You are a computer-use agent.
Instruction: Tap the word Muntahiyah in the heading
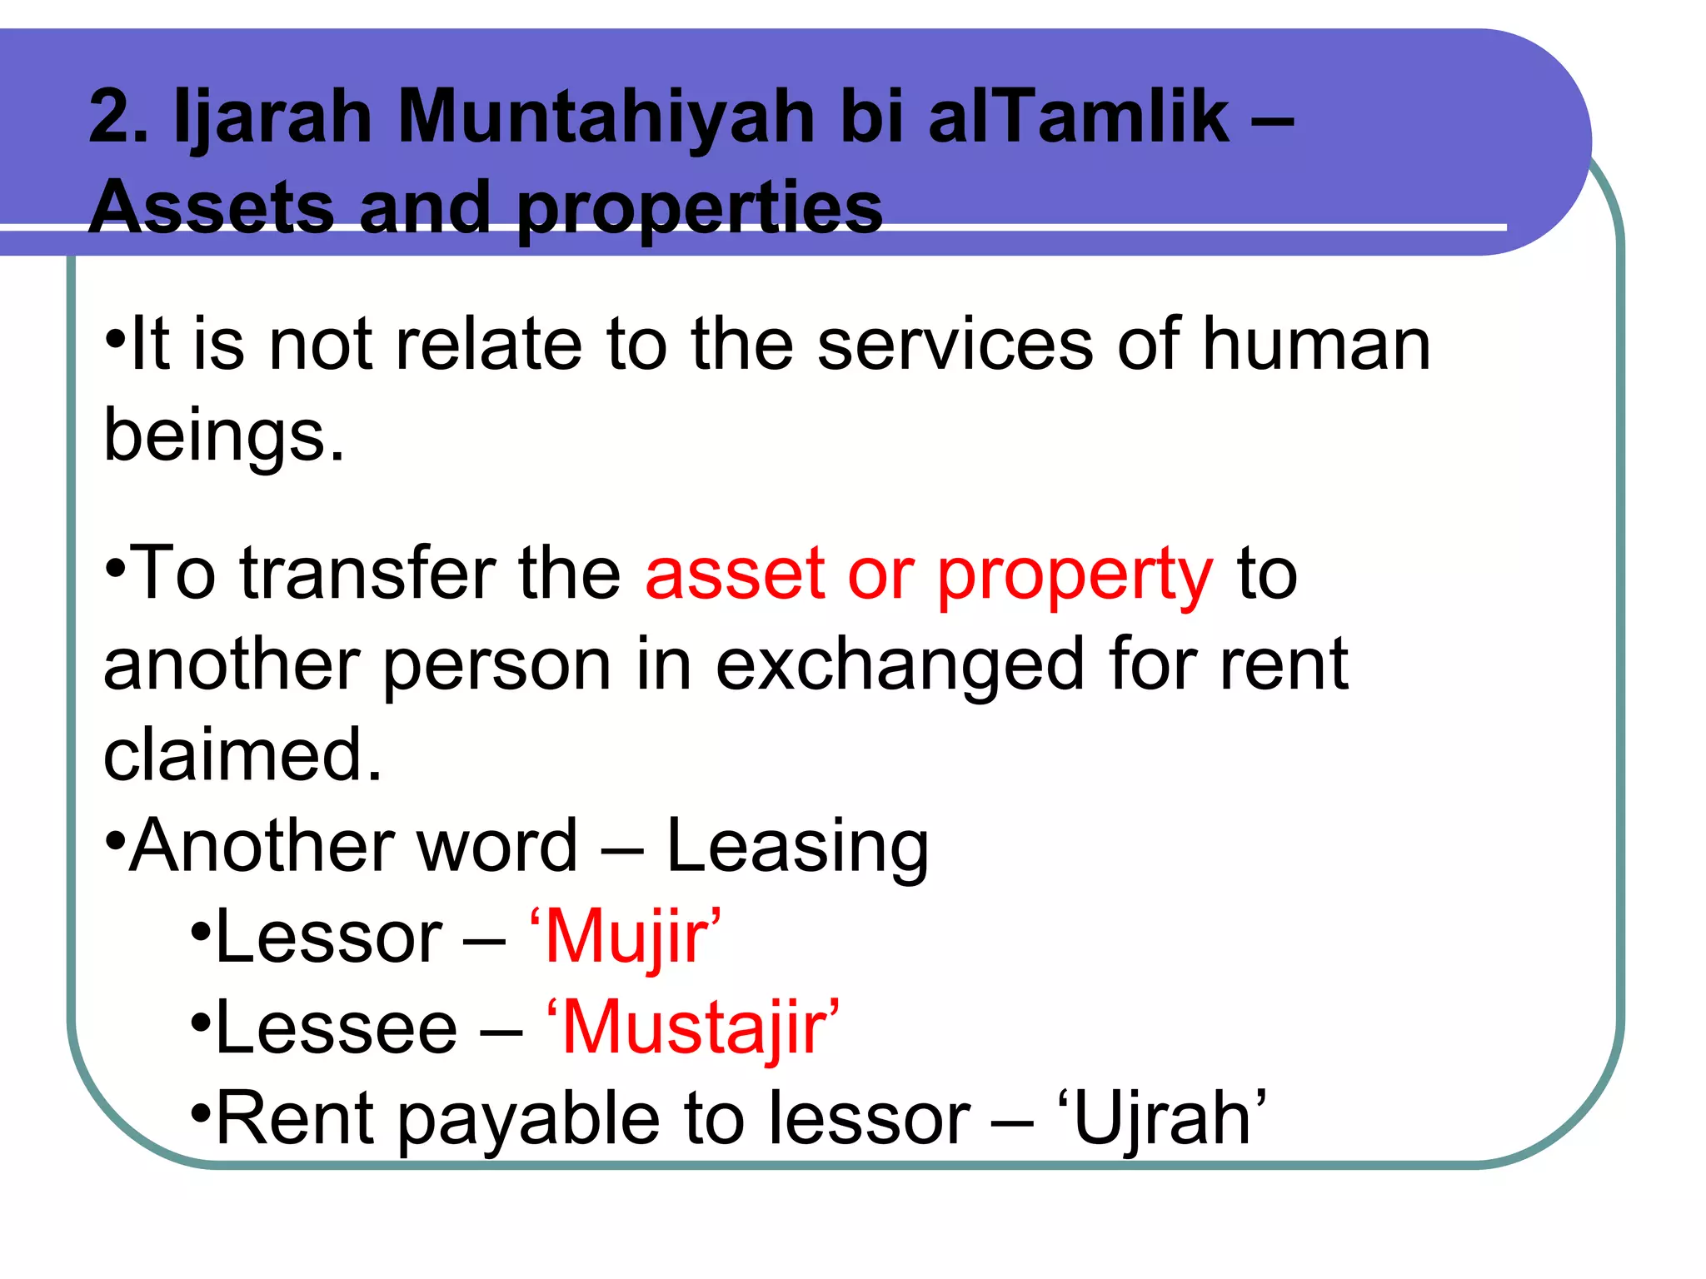(606, 117)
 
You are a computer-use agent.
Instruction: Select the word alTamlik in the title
(1079, 117)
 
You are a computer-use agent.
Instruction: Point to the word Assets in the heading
(212, 207)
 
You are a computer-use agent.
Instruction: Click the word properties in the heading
(700, 209)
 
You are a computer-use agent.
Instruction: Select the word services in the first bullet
(955, 345)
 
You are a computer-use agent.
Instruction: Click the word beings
(223, 436)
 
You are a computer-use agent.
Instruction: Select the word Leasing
(797, 848)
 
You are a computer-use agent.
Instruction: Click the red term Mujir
(626, 938)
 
